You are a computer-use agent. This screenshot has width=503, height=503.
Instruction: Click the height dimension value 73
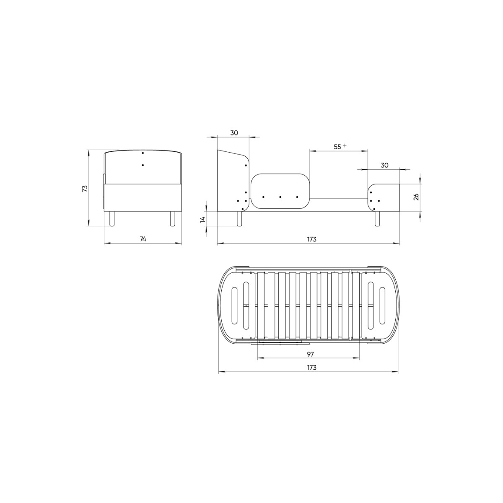point(85,189)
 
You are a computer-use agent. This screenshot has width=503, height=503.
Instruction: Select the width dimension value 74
point(143,239)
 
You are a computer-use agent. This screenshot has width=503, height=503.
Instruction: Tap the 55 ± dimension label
point(340,147)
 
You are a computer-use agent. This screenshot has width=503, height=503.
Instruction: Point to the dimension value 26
point(416,197)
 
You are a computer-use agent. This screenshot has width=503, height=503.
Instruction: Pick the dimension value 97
point(310,354)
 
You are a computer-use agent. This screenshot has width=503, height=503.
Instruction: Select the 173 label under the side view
point(312,239)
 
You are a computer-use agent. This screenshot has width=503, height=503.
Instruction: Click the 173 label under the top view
point(312,368)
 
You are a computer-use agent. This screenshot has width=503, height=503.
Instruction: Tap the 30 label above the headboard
point(234,133)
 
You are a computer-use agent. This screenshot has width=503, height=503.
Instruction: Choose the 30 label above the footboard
point(384,165)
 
